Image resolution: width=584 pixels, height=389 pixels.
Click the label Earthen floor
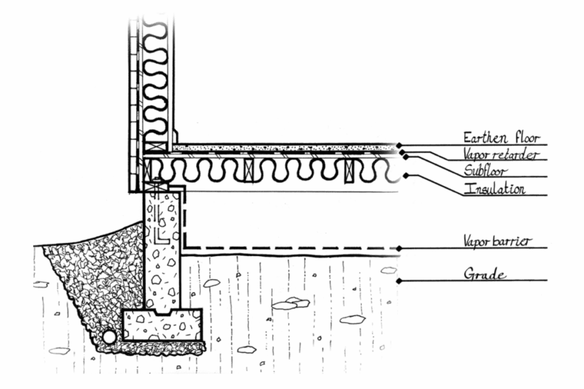(501, 138)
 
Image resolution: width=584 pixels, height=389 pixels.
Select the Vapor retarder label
(500, 155)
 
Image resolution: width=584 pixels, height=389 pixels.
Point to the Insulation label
(494, 189)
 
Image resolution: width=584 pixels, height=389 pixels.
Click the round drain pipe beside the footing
(109, 337)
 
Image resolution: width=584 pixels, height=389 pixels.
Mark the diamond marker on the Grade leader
(399, 281)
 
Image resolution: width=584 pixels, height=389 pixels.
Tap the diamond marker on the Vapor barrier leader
(399, 248)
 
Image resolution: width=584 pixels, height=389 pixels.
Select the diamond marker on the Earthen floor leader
(399, 145)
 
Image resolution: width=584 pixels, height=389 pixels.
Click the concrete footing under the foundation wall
(163, 326)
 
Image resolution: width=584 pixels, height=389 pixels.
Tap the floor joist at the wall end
(149, 170)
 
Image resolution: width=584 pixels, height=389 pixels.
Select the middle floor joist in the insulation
(249, 170)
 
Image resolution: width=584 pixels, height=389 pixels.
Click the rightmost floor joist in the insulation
(349, 170)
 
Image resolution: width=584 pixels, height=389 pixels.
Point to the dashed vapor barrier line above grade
(285, 248)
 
